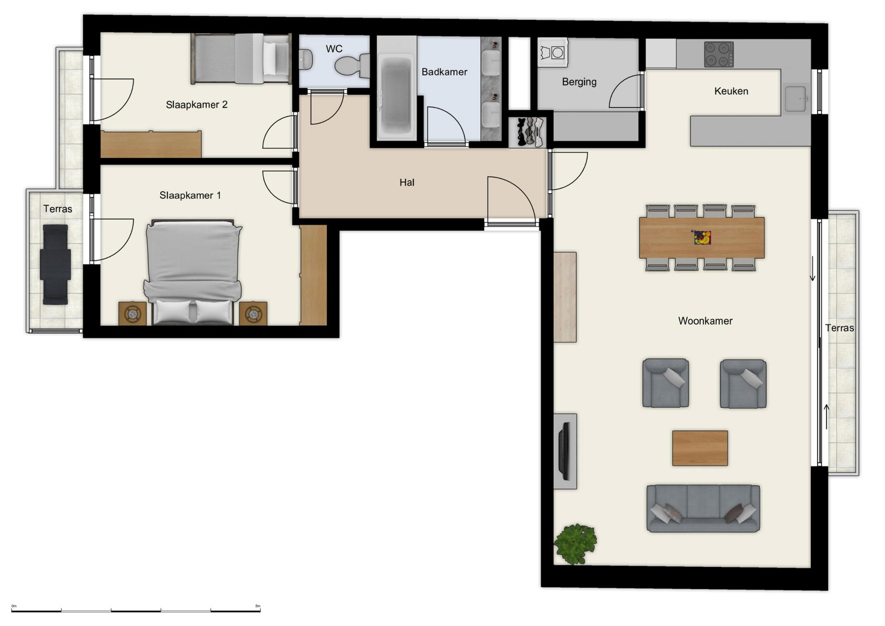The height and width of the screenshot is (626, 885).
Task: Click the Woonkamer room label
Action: pyautogui.click(x=705, y=321)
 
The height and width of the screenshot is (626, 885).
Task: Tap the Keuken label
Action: pyautogui.click(x=731, y=91)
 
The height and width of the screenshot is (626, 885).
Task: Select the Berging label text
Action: pyautogui.click(x=579, y=82)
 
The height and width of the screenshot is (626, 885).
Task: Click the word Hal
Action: pyautogui.click(x=406, y=183)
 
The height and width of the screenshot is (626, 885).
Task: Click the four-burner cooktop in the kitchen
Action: pyautogui.click(x=719, y=54)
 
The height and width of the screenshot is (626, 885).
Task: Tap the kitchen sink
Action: pyautogui.click(x=795, y=98)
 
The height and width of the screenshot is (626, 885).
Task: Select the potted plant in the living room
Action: pyautogui.click(x=575, y=544)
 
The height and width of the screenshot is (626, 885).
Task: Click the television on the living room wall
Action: pyautogui.click(x=565, y=451)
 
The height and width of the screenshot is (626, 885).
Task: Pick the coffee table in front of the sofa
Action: pyautogui.click(x=700, y=448)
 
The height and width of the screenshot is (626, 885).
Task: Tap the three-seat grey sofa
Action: pyautogui.click(x=703, y=509)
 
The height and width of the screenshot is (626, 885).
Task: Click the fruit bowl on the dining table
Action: pyautogui.click(x=702, y=238)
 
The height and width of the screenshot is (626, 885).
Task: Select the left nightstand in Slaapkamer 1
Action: pyautogui.click(x=132, y=314)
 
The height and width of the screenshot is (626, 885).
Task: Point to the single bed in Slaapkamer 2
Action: pyautogui.click(x=241, y=58)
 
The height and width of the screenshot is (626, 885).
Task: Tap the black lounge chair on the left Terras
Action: pyautogui.click(x=55, y=264)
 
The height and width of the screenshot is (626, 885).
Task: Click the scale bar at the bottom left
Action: pyautogui.click(x=136, y=610)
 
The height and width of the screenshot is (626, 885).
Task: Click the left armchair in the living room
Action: pyautogui.click(x=665, y=383)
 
